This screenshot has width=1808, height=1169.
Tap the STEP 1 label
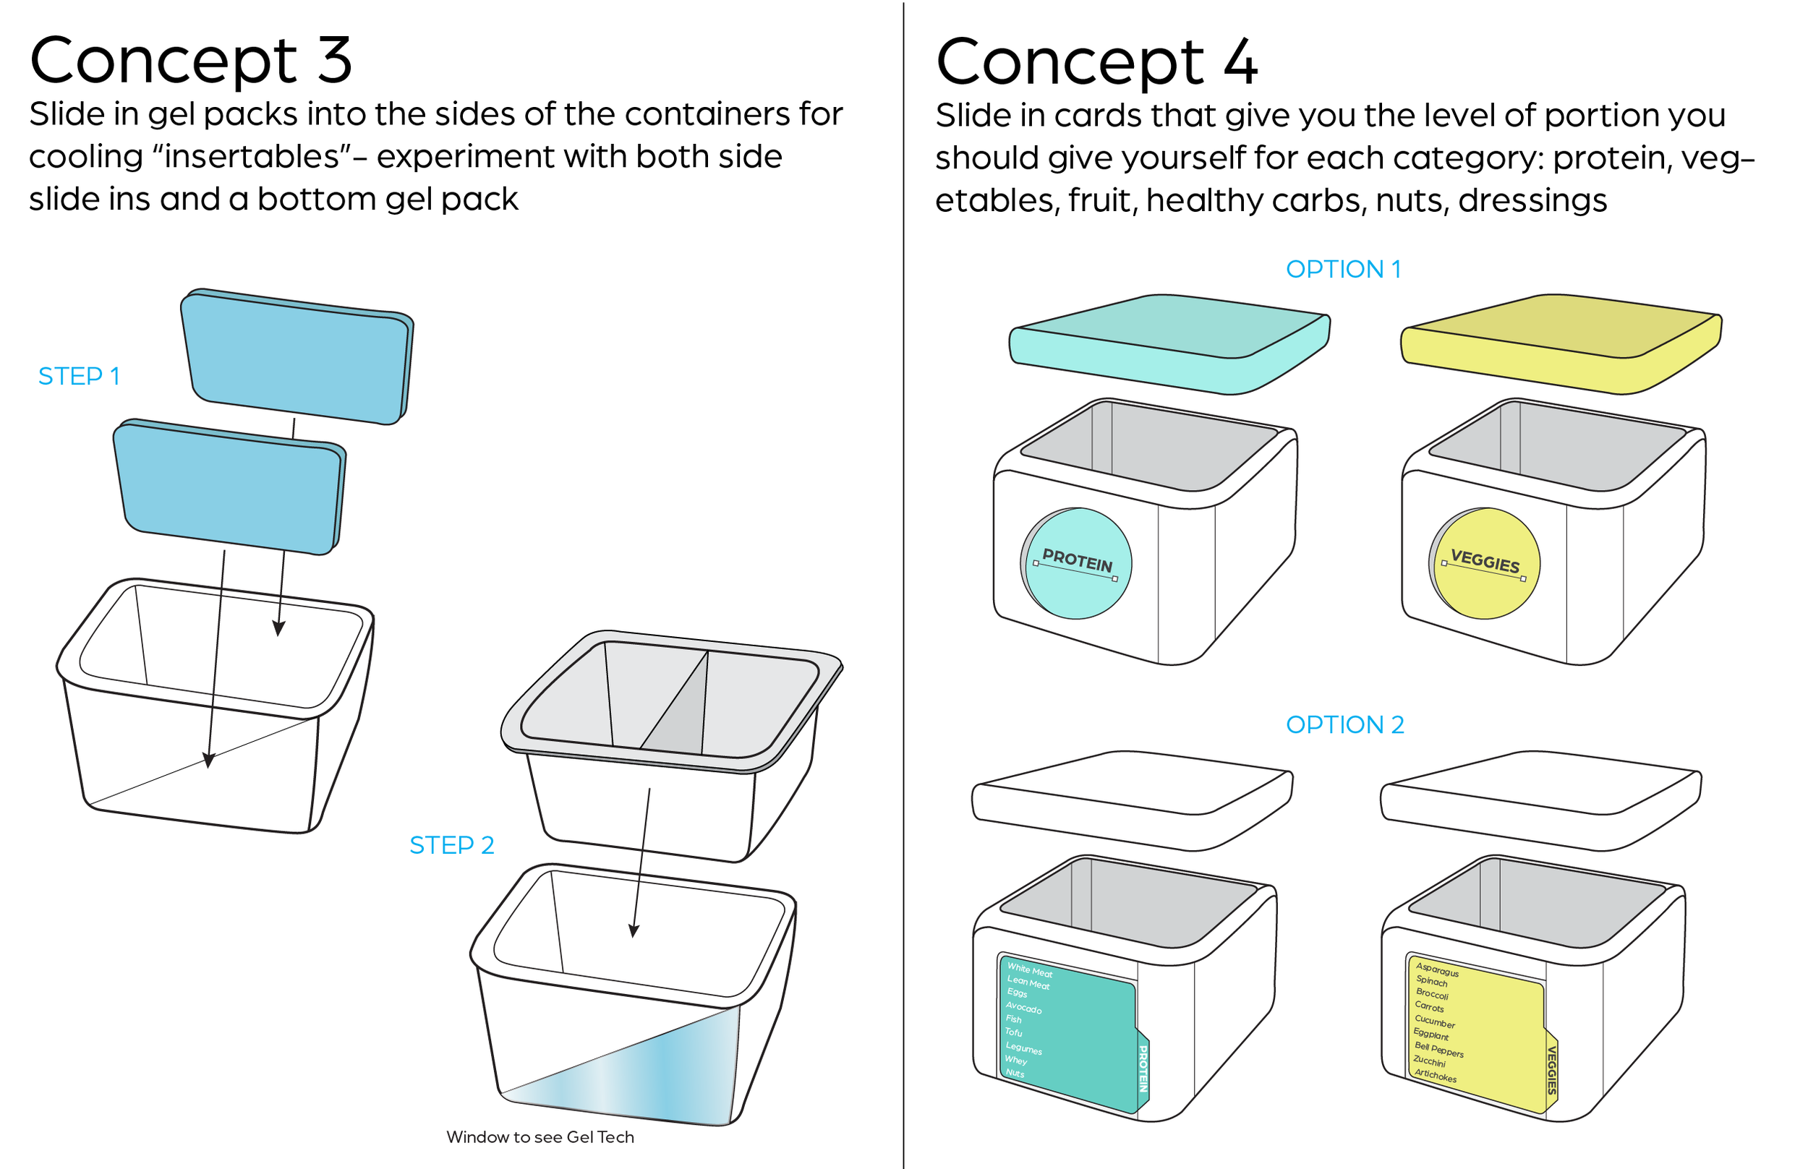coord(79,376)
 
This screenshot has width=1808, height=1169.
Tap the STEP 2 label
coord(451,845)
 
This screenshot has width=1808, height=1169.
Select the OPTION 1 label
coord(1342,269)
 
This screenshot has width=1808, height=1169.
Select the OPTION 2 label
coord(1344,724)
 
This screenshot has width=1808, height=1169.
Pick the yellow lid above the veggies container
coord(1560,343)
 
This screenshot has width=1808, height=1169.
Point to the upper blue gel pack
coord(296,357)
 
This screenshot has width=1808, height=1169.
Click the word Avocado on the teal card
coord(1023,1007)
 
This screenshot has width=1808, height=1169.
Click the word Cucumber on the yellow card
coord(1433,1021)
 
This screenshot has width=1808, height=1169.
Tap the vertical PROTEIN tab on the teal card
coord(1142,1068)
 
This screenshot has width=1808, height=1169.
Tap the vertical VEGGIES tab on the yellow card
coord(1551,1069)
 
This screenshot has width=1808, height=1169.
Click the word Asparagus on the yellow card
coord(1436,969)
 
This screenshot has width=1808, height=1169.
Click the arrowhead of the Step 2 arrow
coord(634,931)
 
